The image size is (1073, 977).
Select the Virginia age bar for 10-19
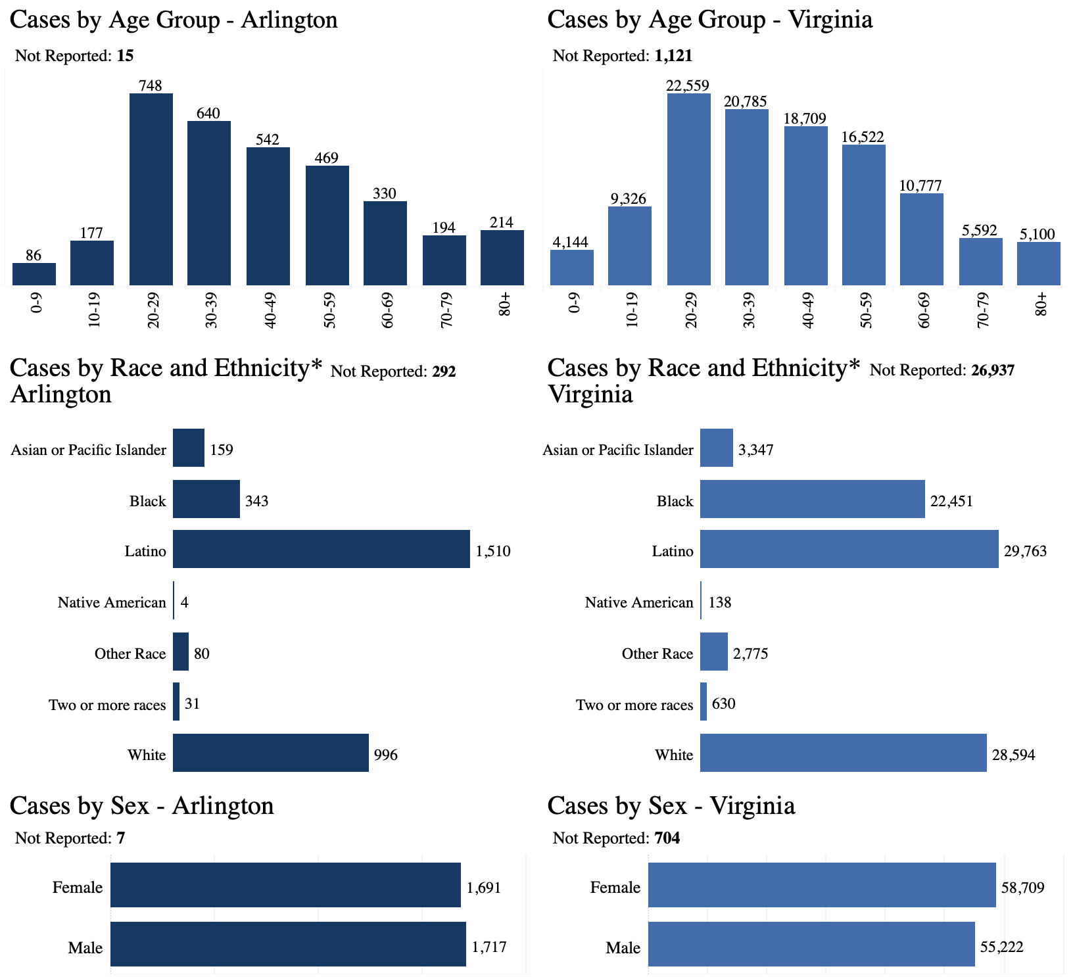pyautogui.click(x=630, y=246)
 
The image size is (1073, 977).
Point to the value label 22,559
pyautogui.click(x=688, y=85)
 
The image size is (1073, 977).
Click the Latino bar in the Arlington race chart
pyautogui.click(x=322, y=549)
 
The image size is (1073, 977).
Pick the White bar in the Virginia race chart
pyautogui.click(x=844, y=753)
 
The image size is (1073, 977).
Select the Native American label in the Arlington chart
pyautogui.click(x=112, y=602)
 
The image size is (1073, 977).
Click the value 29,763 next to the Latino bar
pyautogui.click(x=1026, y=551)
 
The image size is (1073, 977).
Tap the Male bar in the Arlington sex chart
pyautogui.click(x=288, y=944)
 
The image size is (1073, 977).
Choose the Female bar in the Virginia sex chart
pyautogui.click(x=822, y=885)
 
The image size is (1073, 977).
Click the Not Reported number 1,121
pyautogui.click(x=673, y=56)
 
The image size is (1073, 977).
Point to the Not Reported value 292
pyautogui.click(x=444, y=371)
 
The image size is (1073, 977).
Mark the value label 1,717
pyautogui.click(x=489, y=947)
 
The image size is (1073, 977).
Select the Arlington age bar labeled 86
pyautogui.click(x=34, y=274)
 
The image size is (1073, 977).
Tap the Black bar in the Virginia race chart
pyautogui.click(x=813, y=499)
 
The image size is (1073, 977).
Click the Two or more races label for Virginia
pyautogui.click(x=634, y=705)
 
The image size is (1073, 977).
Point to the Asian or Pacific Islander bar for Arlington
pyautogui.click(x=189, y=448)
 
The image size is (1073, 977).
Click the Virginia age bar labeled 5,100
pyautogui.click(x=1039, y=264)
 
